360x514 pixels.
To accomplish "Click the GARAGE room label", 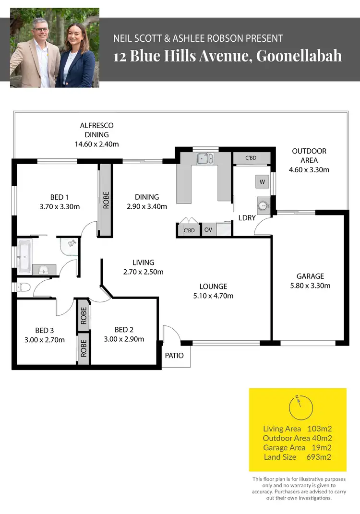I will pos(310,276).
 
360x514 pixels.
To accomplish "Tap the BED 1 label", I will pos(60,197).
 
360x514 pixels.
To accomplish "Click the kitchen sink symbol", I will pos(205,158).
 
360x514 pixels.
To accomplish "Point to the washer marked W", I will pos(262,182).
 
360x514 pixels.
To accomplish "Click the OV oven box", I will pos(208,230).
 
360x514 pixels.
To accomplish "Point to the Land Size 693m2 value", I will pos(318,457).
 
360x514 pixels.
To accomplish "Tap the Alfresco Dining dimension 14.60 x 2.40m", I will pos(96,143).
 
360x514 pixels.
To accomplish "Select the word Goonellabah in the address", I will pos(299,56).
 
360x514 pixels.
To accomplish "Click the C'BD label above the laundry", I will pos(251,158).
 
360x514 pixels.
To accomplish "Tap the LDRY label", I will pos(247,218).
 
